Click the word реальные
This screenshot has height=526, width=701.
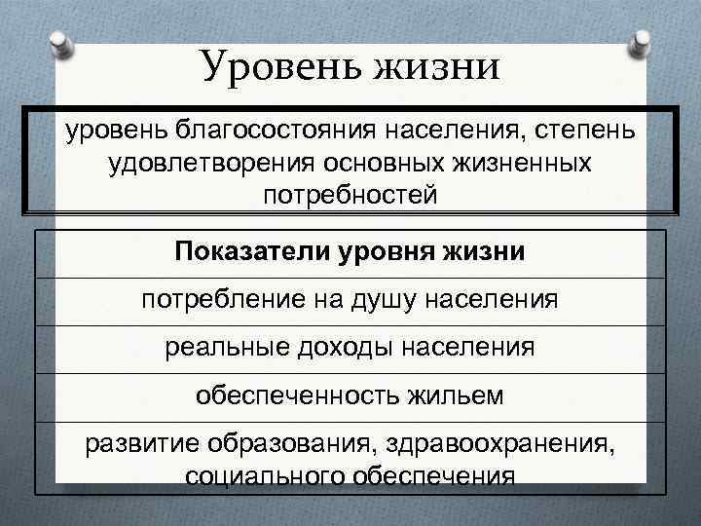pos(230,347)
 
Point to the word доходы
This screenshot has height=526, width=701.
pos(348,347)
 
